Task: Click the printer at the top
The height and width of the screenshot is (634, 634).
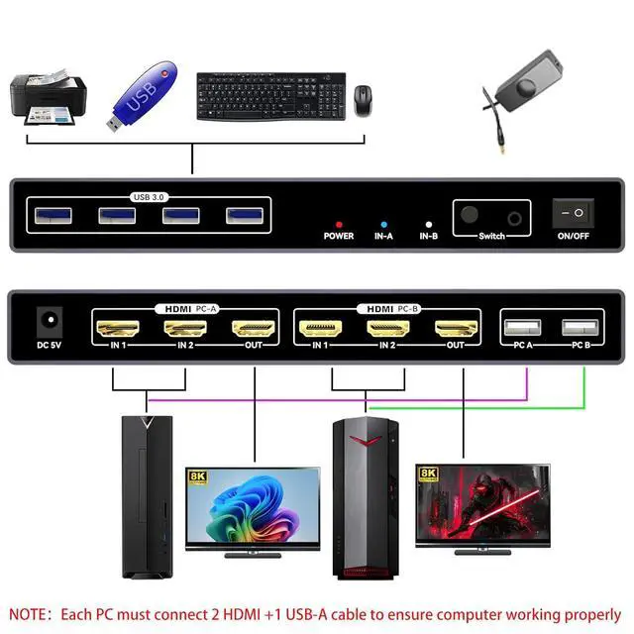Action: [46, 96]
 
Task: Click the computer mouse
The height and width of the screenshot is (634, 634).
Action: [364, 100]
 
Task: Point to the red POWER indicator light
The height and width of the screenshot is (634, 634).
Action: [338, 225]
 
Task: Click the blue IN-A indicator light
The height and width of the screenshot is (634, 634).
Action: [383, 225]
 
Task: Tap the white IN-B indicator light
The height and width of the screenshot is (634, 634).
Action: [428, 225]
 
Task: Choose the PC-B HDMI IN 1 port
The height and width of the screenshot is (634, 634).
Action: [320, 328]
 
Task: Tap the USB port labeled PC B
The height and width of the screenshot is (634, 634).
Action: [580, 328]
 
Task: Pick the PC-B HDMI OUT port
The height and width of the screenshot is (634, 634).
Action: [456, 328]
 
